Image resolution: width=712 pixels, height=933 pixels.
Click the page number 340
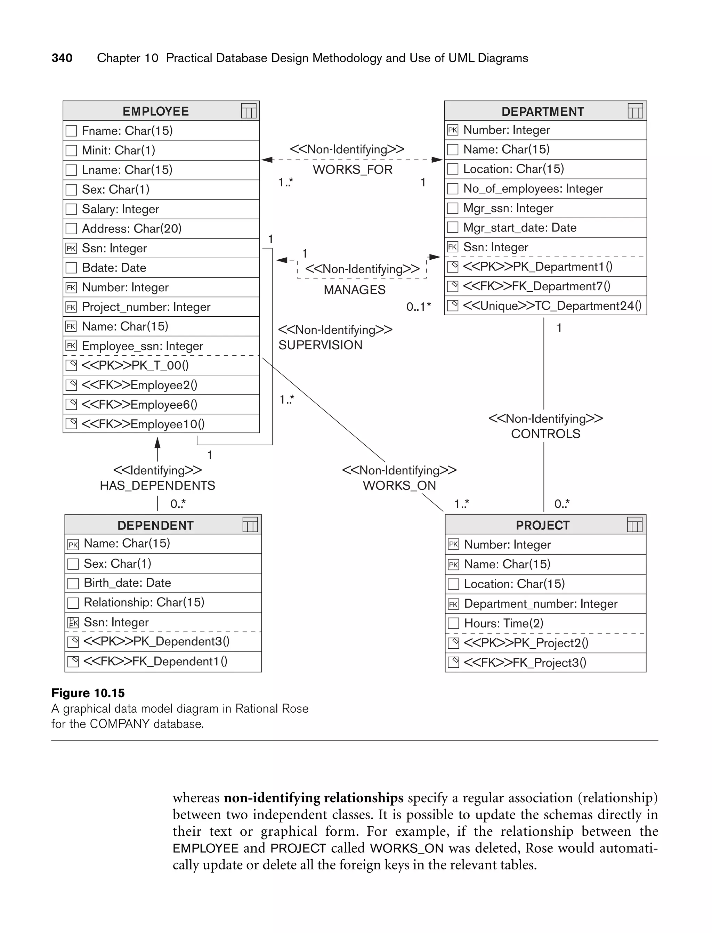coord(62,58)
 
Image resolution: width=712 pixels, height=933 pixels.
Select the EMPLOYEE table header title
coord(155,112)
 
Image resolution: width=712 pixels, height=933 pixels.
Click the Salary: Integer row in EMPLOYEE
coord(120,209)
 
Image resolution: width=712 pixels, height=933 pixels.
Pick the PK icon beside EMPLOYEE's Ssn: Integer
coord(71,248)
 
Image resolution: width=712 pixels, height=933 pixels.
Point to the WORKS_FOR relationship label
coord(352,170)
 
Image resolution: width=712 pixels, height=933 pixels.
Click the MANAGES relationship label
coord(354,290)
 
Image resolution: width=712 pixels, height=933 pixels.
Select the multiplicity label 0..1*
coord(418,306)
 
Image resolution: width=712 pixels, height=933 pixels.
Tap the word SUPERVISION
coord(320,345)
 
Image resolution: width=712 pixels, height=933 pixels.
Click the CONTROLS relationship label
coord(545,434)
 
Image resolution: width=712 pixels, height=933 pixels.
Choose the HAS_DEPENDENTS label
coord(157,486)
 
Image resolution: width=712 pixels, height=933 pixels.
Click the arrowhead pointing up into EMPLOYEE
coord(157,443)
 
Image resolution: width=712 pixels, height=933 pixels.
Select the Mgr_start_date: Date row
coord(520,228)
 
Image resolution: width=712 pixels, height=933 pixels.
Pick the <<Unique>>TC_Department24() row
coord(552,306)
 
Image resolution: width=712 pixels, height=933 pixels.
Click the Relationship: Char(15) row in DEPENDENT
coord(144,602)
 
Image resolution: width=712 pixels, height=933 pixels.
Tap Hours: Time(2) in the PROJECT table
coord(503,623)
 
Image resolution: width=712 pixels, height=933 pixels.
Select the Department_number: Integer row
coord(540,604)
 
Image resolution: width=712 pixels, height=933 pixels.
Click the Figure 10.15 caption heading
coord(88,693)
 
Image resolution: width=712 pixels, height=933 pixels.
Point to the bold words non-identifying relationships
coord(313,798)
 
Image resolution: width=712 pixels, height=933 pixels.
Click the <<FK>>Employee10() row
coord(143,424)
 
